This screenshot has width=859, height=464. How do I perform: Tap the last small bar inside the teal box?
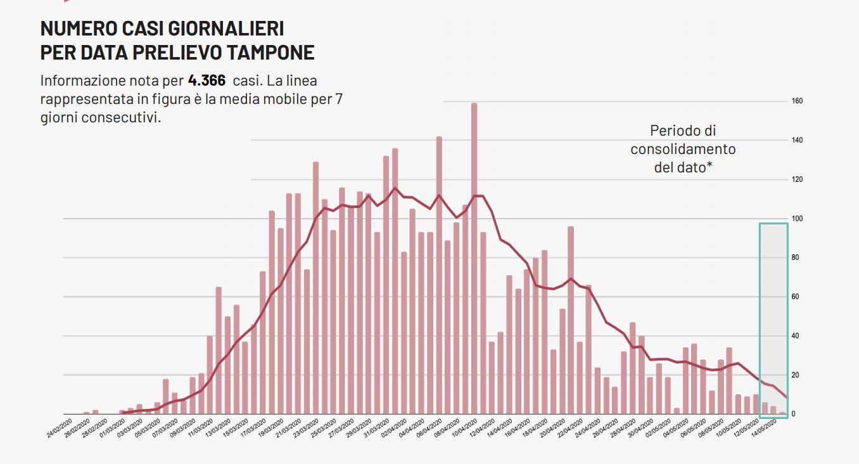click(x=782, y=413)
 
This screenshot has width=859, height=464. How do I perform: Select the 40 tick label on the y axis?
click(x=796, y=336)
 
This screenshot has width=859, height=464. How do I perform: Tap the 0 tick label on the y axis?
click(x=794, y=415)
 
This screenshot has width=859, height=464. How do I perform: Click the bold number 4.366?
click(x=207, y=81)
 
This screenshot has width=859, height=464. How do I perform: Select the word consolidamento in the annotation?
click(x=683, y=150)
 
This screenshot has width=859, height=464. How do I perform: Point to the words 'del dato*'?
click(x=683, y=168)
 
